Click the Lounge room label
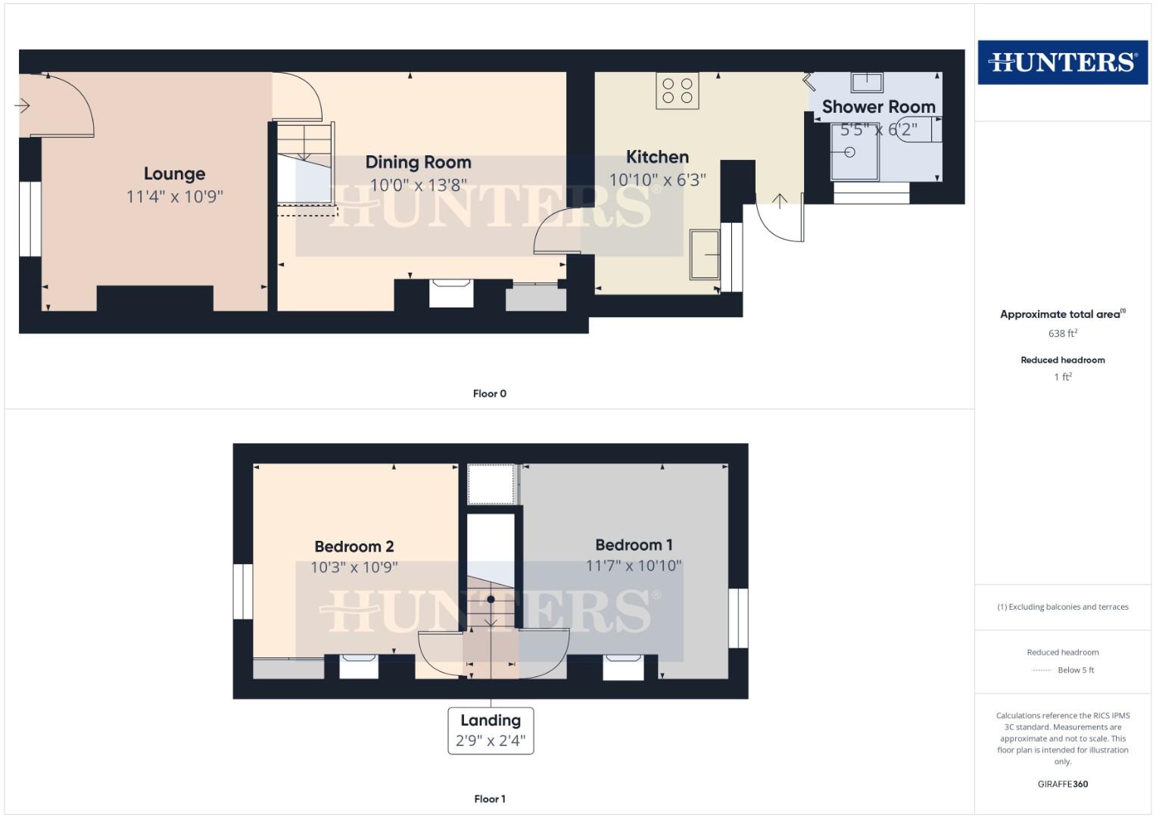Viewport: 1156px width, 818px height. (174, 174)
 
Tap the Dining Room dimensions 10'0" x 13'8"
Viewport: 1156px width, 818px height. (418, 186)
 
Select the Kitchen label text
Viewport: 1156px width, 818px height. (657, 158)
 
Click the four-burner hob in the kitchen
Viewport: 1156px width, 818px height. (678, 91)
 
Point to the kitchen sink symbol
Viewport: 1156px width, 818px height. (705, 254)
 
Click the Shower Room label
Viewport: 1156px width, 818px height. (878, 108)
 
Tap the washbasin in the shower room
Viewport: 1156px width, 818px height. (867, 82)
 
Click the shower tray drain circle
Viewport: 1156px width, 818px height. (849, 152)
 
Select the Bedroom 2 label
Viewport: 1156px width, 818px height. (354, 547)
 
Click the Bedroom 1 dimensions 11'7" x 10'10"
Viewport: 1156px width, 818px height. (634, 566)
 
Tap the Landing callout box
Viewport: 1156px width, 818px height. (491, 731)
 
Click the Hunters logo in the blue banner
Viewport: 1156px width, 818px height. (1062, 62)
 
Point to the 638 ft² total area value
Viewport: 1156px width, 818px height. (1062, 333)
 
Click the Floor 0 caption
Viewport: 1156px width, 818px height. (489, 394)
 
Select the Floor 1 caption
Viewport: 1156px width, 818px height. (489, 799)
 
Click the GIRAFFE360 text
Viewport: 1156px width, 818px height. (1062, 785)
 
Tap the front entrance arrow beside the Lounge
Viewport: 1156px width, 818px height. (22, 105)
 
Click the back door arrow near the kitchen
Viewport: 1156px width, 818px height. (780, 200)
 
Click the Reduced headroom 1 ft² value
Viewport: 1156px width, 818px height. (1062, 377)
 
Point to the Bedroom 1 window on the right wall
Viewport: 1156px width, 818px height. (738, 618)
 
